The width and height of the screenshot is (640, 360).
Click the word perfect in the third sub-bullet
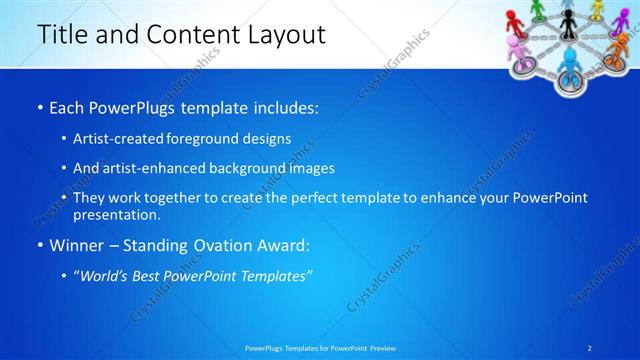tap(332, 199)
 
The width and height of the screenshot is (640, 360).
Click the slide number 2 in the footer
tap(590, 347)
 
